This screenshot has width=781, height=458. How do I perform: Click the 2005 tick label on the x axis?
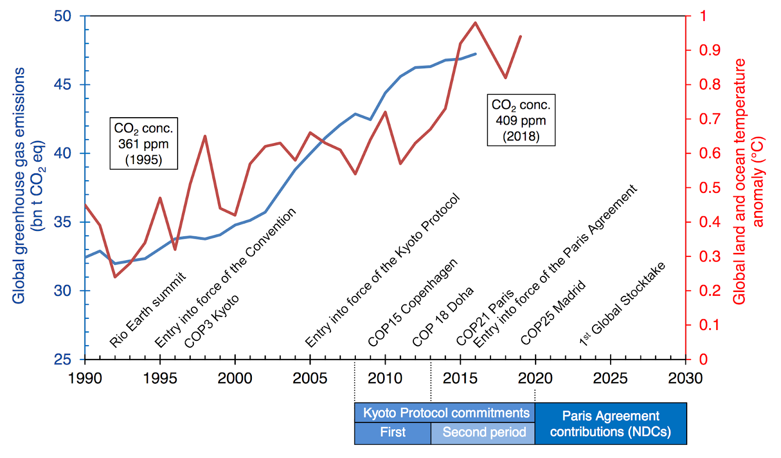(x=310, y=378)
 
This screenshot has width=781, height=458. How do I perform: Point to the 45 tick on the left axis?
(x=62, y=84)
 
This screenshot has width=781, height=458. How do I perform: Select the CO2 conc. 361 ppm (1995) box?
(x=144, y=144)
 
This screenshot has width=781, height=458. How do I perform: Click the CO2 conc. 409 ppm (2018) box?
(x=521, y=120)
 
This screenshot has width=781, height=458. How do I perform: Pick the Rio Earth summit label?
(x=147, y=310)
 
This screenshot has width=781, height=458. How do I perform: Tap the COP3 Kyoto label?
(x=211, y=321)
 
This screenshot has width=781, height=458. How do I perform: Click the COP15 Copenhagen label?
(x=412, y=303)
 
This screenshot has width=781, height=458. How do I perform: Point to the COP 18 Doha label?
(x=443, y=316)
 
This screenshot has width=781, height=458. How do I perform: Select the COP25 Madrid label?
(x=553, y=312)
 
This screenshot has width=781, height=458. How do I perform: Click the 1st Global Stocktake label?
(x=622, y=304)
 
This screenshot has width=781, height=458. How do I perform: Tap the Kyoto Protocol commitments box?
(x=446, y=413)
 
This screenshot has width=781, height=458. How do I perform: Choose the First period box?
(x=392, y=433)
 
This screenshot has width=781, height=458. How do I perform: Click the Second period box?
(x=484, y=433)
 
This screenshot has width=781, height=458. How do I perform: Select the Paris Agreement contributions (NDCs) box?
(x=610, y=424)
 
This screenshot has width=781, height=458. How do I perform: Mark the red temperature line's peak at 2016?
(x=475, y=22)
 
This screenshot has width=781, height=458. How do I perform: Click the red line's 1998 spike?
(x=205, y=136)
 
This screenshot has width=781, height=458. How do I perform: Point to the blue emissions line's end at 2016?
(x=475, y=54)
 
